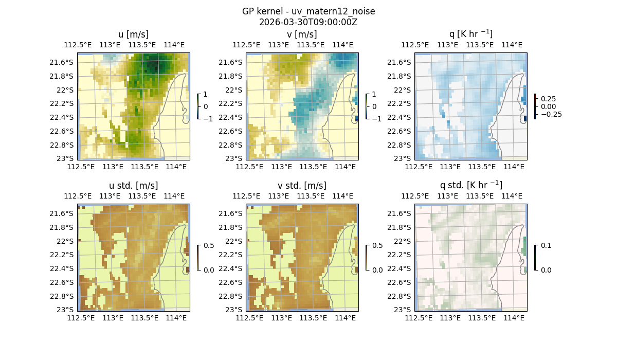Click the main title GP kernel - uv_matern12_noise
(x=308, y=11)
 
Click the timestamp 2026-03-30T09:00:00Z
(x=308, y=22)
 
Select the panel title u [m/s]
(x=134, y=34)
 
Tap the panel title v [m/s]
(x=302, y=34)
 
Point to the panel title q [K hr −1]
(x=470, y=34)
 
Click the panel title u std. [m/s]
(x=134, y=186)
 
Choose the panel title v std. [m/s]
(x=302, y=186)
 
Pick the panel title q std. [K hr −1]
(x=470, y=186)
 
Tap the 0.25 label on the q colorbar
(x=548, y=99)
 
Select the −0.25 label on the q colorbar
(x=551, y=114)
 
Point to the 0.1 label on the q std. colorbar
(x=546, y=245)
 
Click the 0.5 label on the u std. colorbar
(x=209, y=245)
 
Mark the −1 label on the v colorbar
(x=377, y=118)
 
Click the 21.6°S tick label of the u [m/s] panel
(x=65, y=62)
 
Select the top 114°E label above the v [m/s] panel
(x=343, y=45)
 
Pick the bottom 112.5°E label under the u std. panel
(x=81, y=318)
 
